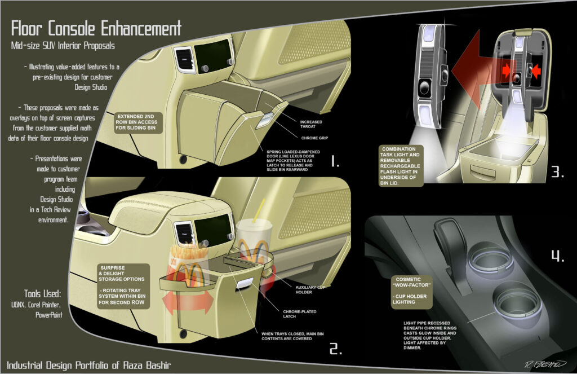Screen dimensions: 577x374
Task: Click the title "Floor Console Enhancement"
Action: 96,28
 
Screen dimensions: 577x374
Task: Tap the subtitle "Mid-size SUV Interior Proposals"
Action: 63,46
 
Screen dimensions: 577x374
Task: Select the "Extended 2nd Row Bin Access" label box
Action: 136,122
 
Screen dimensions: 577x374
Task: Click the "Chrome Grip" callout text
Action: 314,138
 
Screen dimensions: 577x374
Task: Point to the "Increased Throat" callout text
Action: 311,124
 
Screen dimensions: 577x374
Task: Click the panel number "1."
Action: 334,161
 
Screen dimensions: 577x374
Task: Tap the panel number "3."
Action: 557,171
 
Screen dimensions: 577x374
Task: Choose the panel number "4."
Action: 557,256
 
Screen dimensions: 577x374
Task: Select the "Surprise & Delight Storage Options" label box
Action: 123,286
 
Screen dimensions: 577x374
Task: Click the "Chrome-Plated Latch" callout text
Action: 300,314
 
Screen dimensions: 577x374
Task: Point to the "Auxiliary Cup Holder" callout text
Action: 310,289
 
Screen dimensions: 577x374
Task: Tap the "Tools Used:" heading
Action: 43,294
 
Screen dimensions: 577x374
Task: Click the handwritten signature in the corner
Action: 545,364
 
